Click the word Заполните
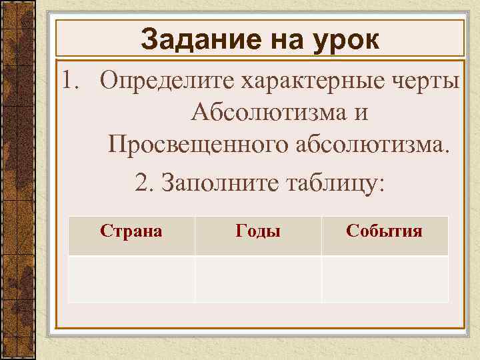point(213,181)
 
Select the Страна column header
point(131,231)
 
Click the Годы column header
point(258,231)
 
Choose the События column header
point(384,231)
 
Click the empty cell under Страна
point(131,279)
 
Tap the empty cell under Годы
point(258,279)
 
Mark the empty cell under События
point(385,279)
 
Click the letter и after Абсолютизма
point(361,113)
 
